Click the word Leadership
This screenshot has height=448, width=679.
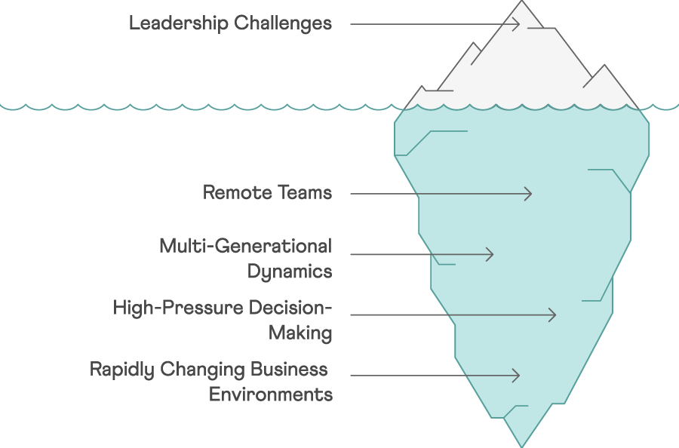179,23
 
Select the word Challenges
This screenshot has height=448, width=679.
283,23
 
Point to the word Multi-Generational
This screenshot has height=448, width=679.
245,246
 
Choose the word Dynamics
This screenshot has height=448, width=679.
290,272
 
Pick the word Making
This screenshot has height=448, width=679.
300,333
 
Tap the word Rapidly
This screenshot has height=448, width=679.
122,370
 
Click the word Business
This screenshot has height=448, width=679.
289,370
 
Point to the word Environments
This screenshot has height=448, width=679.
271,394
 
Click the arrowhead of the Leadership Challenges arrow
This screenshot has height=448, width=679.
516,24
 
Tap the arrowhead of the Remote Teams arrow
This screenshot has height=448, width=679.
528,194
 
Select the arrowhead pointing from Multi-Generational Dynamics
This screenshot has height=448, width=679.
490,254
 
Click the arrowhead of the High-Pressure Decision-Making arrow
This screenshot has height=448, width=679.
552,315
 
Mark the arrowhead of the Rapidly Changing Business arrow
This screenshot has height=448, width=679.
516,376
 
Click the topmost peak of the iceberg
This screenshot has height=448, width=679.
522,1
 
